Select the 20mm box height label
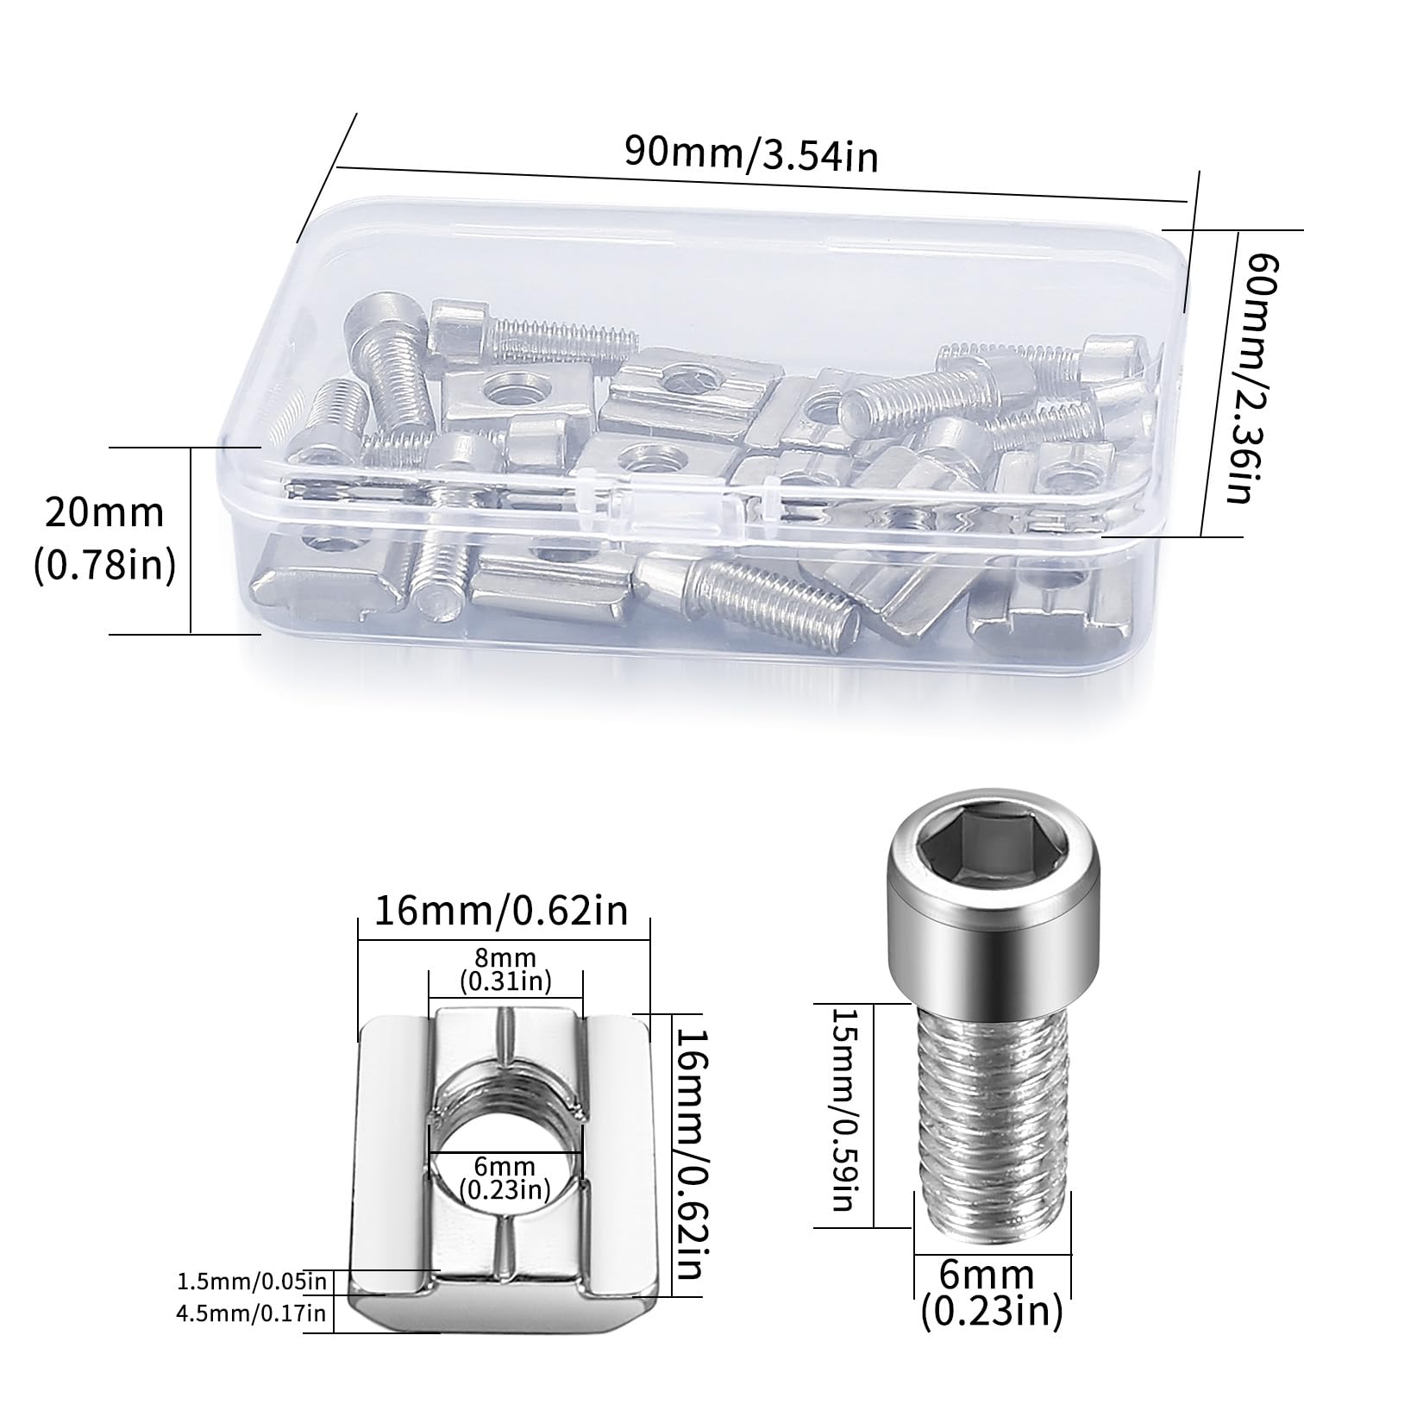point(104,513)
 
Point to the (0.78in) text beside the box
point(104,565)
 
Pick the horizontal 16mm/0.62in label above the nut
point(502,911)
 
